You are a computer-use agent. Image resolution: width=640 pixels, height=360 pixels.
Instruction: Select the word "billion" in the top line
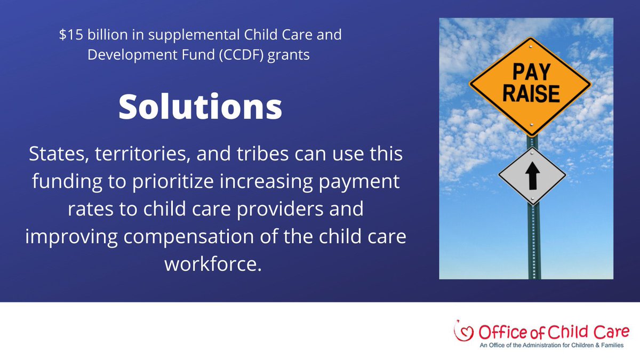[x=102, y=36]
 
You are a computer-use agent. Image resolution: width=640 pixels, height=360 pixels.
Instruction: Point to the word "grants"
[x=291, y=55]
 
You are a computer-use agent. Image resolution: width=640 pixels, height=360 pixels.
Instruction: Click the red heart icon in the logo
[x=461, y=331]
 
